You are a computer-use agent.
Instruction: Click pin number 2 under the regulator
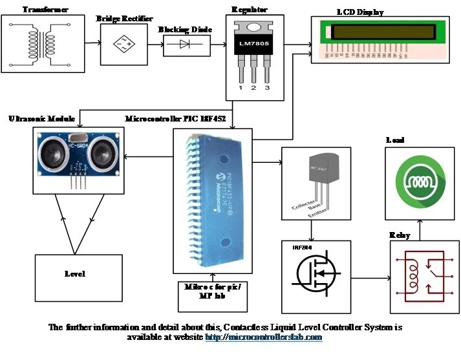point(253,87)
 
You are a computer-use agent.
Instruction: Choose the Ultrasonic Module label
point(40,120)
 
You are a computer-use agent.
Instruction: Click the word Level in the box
point(75,273)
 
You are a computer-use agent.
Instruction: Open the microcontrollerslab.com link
point(263,337)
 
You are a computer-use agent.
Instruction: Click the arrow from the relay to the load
point(420,229)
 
